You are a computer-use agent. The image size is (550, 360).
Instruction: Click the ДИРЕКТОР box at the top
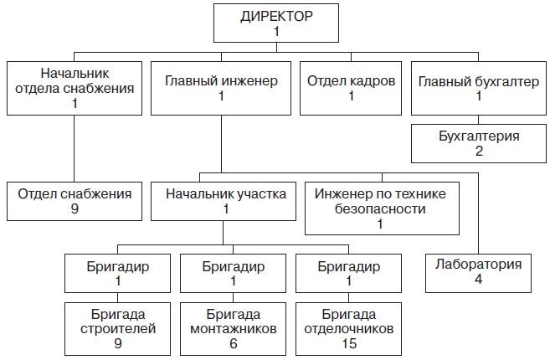276,23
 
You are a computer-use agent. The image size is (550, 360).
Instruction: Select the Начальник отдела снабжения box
74,88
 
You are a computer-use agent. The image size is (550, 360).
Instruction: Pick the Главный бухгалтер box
478,88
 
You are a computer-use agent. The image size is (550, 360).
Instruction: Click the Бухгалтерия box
478,143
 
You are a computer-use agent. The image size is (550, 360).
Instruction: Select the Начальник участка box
225,201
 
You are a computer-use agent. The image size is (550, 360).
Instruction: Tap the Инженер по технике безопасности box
381,208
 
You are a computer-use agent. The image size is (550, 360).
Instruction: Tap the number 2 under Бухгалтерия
478,151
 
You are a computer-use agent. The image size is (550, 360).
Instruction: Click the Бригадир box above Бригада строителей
117,274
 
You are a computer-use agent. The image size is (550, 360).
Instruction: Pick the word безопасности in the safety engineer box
381,208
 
